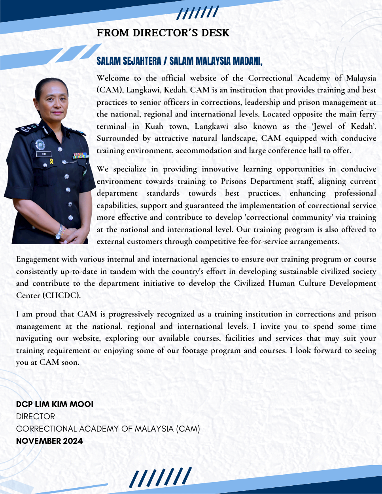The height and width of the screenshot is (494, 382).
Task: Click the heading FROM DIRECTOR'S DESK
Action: point(163,33)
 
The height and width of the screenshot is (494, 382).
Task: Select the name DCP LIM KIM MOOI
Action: point(55,404)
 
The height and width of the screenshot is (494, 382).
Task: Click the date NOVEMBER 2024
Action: point(49,441)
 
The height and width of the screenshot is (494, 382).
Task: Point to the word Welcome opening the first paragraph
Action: point(113,78)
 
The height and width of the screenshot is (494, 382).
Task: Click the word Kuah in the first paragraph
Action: point(154,126)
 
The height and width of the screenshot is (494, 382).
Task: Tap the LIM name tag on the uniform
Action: point(43,154)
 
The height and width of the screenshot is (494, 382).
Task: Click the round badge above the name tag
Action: point(40,144)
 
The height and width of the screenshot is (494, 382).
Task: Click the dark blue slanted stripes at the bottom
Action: point(160,478)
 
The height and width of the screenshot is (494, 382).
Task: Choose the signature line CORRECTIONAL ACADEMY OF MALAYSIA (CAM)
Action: point(108,429)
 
